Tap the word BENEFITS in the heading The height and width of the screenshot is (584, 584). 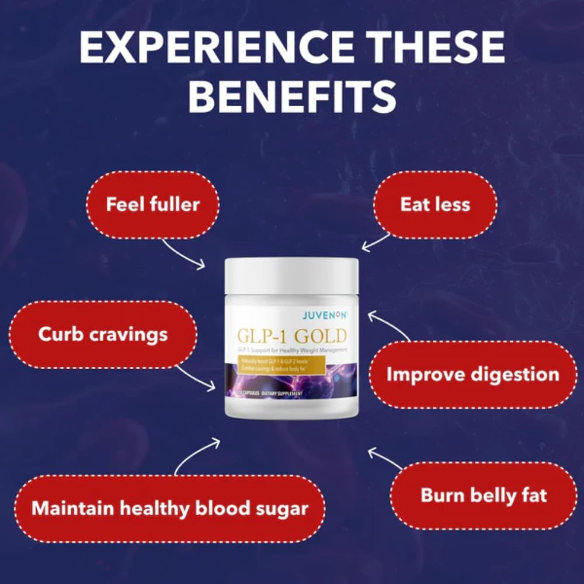(292, 98)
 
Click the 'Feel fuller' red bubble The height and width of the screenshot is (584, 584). (152, 204)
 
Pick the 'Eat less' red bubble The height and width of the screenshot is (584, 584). (435, 204)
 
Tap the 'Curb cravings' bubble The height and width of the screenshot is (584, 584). (103, 335)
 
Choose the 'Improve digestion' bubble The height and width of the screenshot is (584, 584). (473, 374)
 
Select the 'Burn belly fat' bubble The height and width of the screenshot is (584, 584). (484, 496)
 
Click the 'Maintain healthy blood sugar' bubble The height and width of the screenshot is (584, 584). (169, 508)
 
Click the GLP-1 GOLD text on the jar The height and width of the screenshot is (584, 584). (291, 336)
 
